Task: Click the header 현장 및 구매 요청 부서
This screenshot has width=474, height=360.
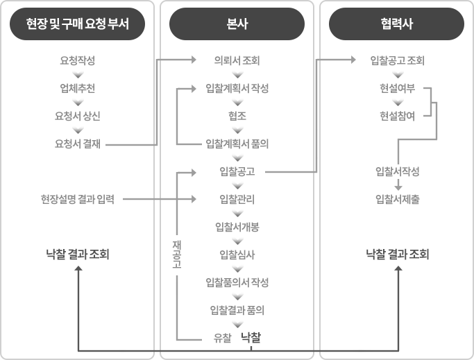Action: click(78, 24)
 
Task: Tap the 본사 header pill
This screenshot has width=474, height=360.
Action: click(237, 24)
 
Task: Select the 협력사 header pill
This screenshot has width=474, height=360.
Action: click(396, 24)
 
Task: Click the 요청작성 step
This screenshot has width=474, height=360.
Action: click(78, 60)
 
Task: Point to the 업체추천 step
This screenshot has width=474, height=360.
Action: click(78, 88)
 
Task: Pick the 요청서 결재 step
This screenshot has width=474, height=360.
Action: click(78, 144)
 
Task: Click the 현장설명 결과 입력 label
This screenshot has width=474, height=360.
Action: click(78, 199)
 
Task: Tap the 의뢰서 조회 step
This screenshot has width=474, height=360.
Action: click(237, 60)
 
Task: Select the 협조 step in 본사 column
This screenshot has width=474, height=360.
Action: click(237, 116)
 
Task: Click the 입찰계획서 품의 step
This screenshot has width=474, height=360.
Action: click(237, 144)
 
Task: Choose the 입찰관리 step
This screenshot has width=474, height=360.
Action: click(237, 199)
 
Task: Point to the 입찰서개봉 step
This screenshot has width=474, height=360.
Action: click(237, 227)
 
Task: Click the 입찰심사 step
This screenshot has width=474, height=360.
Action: click(237, 255)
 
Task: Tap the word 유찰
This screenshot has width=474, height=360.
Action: click(223, 338)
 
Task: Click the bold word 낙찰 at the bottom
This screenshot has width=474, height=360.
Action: click(251, 337)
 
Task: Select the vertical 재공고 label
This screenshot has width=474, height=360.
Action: click(177, 255)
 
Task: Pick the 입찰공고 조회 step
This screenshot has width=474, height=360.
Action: click(398, 60)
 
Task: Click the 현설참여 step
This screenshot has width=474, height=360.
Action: click(398, 116)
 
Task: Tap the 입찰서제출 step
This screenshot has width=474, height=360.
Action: click(398, 199)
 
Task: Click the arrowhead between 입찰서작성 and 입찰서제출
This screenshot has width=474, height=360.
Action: click(398, 187)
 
